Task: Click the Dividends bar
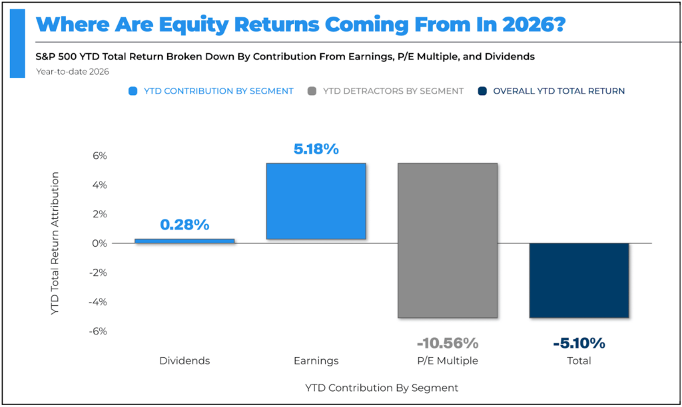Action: tap(184, 241)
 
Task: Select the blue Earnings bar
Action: tap(316, 201)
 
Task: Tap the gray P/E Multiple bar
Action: tap(448, 240)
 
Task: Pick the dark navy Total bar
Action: tap(579, 280)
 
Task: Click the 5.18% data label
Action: tap(316, 149)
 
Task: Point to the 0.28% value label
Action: tap(184, 225)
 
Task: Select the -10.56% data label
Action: tap(448, 343)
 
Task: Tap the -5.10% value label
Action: tap(579, 343)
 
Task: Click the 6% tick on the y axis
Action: tap(100, 156)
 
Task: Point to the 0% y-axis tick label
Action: tap(100, 243)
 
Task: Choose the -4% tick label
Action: tap(98, 302)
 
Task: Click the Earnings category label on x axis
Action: tap(316, 361)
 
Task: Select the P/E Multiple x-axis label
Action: tap(448, 361)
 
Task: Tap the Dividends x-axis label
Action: tap(184, 361)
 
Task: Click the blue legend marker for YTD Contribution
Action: tap(133, 91)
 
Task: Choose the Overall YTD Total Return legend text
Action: tap(559, 91)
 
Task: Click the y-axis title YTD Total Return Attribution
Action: tap(55, 243)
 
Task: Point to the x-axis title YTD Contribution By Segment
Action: tap(382, 388)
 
